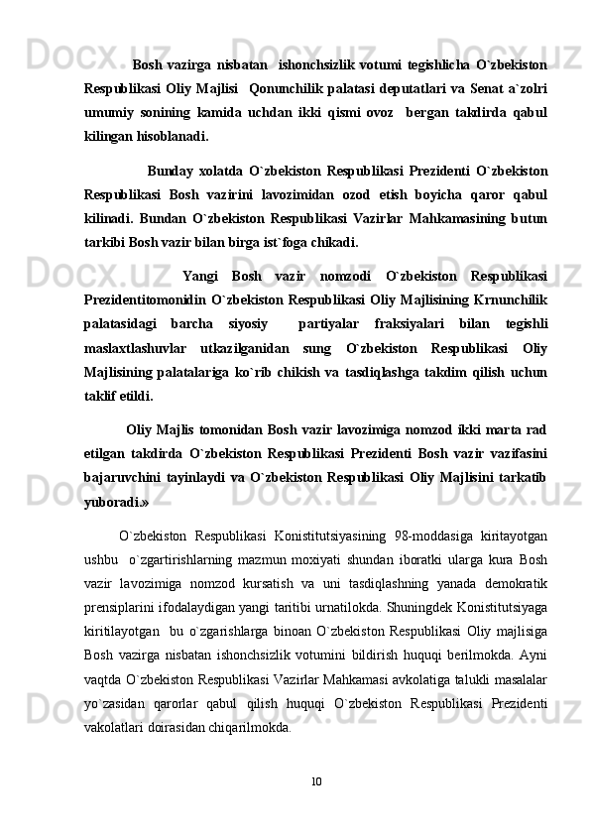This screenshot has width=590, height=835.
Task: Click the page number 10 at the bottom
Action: pyautogui.click(x=314, y=782)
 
